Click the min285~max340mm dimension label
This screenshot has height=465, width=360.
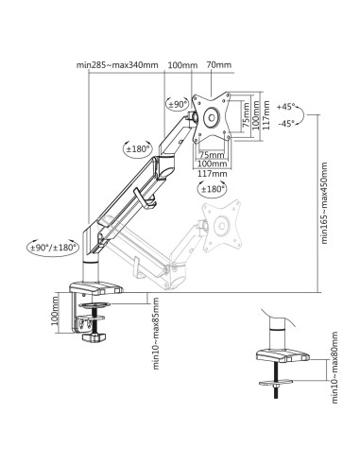[x=117, y=65]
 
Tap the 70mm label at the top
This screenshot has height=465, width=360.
[x=219, y=65]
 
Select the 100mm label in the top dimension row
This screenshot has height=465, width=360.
[x=182, y=65]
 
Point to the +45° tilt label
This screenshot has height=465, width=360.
[x=286, y=107]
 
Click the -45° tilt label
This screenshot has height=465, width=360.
[x=286, y=124]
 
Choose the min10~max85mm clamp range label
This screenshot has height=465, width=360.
[x=156, y=334]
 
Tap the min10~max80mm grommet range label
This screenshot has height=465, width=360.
[x=334, y=368]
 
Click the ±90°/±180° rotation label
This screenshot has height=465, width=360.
[x=54, y=248]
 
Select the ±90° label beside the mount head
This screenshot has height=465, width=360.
[x=179, y=105]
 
